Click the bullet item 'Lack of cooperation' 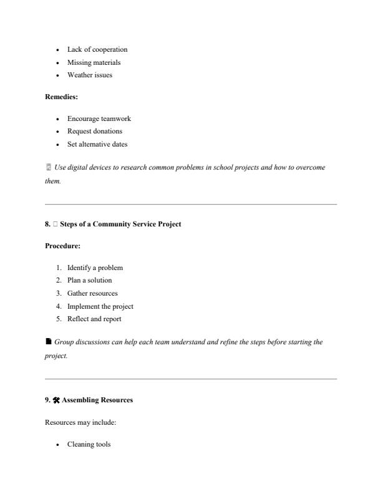point(97,49)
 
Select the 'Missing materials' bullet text point(94,62)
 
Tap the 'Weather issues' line point(90,75)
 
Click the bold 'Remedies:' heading point(61,97)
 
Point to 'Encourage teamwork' point(99,119)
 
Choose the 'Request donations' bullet point(94,132)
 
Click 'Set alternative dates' point(97,145)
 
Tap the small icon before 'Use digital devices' point(48,168)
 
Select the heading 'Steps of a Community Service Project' point(120,224)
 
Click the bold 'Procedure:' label point(62,246)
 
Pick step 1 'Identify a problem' point(95,268)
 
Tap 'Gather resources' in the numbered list point(92,293)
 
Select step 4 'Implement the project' point(100,306)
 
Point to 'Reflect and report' point(94,319)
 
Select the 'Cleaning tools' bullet point(89,445)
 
